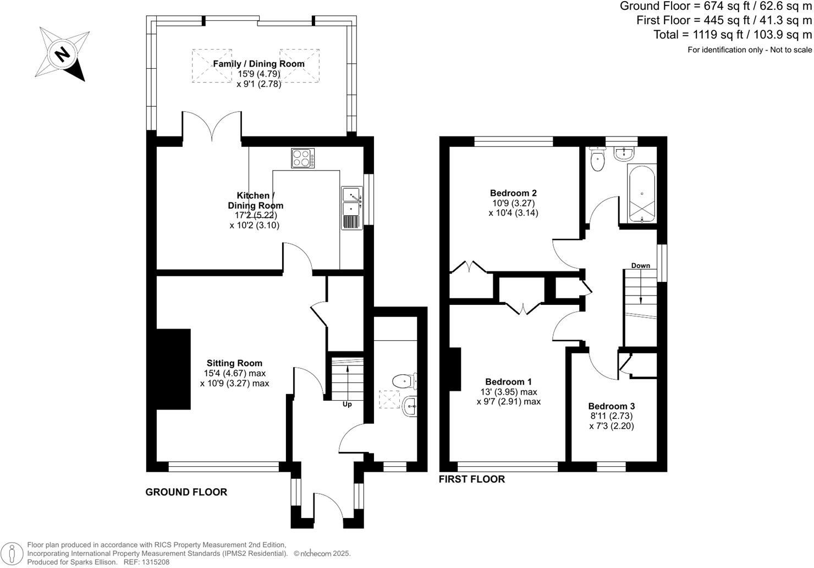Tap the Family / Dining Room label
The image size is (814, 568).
258,64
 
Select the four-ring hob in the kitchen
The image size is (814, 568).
303,159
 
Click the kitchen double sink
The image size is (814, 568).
351,201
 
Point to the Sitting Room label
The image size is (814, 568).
234,363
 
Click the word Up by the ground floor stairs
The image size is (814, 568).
347,404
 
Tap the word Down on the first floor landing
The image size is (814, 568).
640,265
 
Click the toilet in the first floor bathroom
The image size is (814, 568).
596,160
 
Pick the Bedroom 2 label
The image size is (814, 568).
513,193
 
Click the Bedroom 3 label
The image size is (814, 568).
612,406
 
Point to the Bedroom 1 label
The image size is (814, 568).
508,381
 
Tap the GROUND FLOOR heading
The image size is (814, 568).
186,492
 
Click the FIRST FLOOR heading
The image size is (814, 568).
471,479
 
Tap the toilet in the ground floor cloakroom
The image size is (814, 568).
404,380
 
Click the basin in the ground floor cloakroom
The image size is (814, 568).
410,407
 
